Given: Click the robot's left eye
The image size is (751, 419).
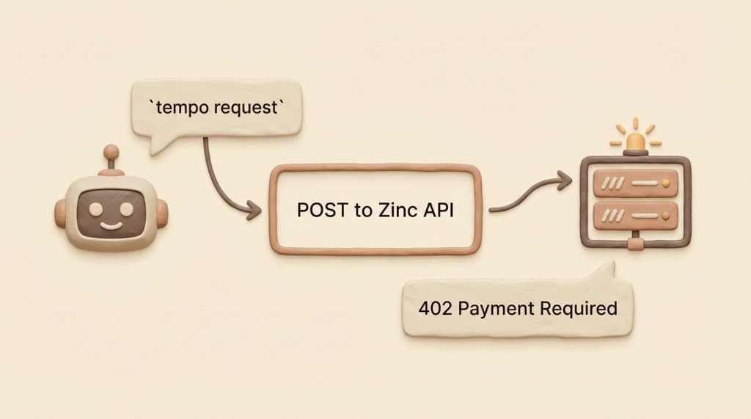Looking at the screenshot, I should coord(93,208).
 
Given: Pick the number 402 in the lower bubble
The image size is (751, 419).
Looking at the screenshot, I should coord(433,308).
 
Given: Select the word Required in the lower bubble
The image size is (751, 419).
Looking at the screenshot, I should coord(578,308).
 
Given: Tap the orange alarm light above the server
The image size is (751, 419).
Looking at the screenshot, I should coord(635,139).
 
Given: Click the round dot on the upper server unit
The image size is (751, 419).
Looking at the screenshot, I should coord(667,179).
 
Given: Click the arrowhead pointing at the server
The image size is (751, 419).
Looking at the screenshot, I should coord(565,178).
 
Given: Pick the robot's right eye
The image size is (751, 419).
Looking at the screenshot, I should coord(126,208).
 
